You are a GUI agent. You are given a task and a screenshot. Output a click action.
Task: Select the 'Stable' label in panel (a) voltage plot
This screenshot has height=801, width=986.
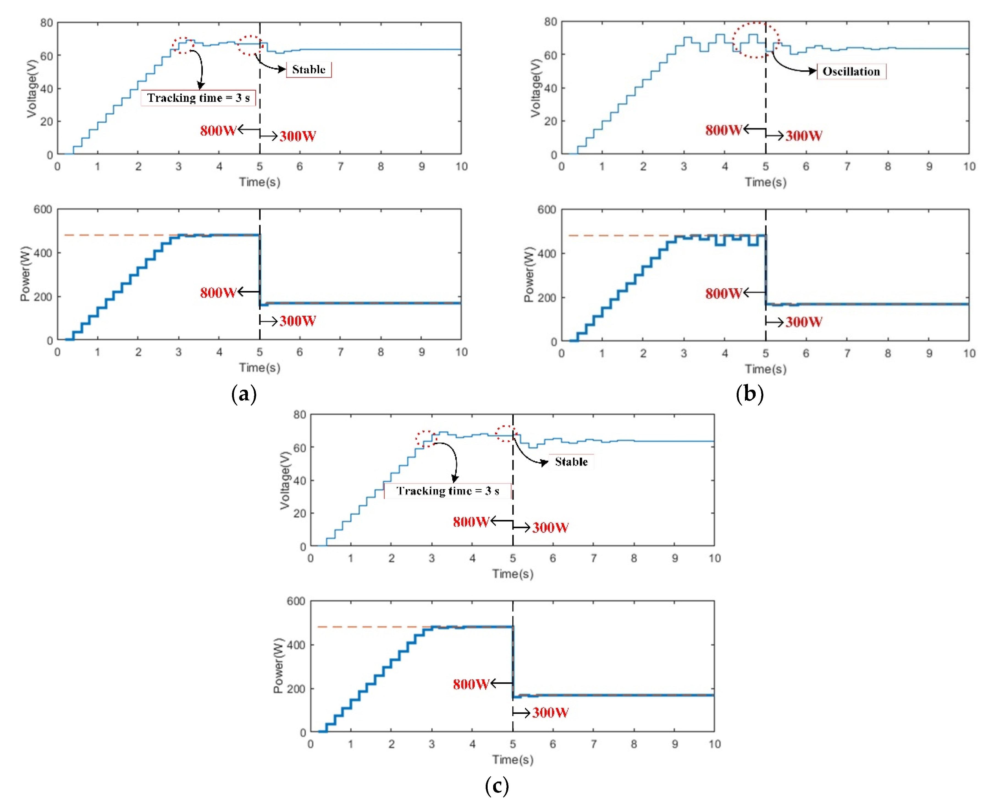point(308,70)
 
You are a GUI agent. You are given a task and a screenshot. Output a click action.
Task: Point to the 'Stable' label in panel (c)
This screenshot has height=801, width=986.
point(571,462)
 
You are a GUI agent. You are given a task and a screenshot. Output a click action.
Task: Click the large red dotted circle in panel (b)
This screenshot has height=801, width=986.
point(756,40)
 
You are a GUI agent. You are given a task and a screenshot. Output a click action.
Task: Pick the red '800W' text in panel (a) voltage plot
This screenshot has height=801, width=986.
point(218,131)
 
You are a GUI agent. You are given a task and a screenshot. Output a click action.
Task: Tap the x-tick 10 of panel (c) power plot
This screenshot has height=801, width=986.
point(714,744)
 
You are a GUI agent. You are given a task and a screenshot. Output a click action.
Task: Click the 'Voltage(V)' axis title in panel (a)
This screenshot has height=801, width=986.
point(31,88)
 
